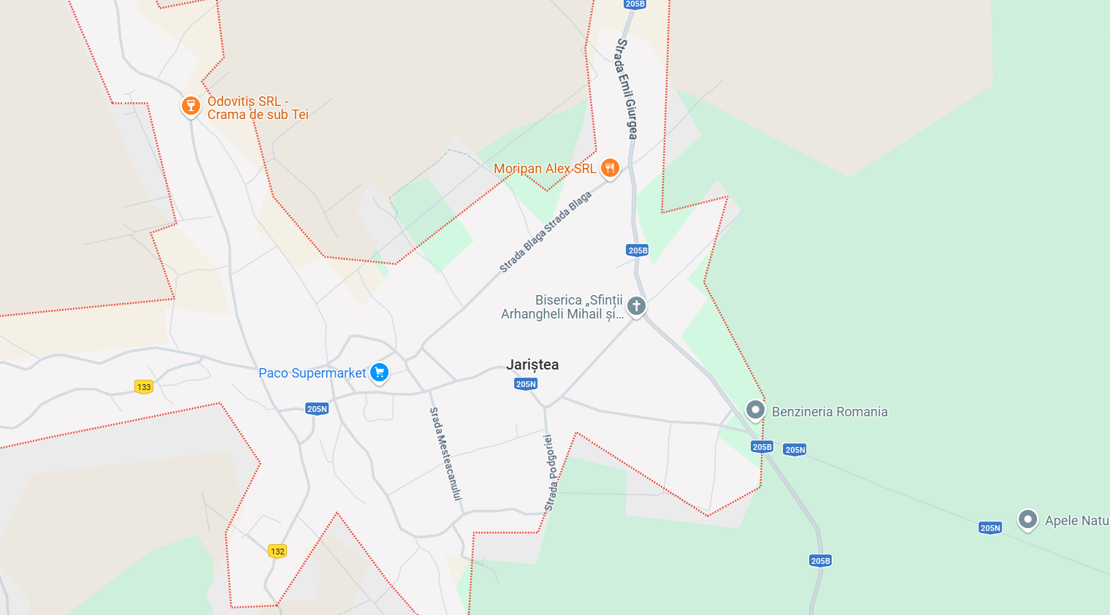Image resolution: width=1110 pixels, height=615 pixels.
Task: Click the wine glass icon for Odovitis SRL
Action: [x=191, y=106]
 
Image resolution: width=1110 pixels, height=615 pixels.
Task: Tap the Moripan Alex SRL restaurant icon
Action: [x=610, y=169]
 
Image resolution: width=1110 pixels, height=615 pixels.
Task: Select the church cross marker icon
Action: [x=636, y=306]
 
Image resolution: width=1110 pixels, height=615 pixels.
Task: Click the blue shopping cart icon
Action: [x=379, y=373]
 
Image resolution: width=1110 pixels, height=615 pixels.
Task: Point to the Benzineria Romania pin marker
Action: [x=755, y=410]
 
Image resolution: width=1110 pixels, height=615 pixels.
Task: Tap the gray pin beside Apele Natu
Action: [x=1027, y=519]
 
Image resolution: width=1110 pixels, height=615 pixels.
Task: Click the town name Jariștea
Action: [x=532, y=364]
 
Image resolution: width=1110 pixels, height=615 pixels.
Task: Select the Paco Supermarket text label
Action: [x=312, y=373]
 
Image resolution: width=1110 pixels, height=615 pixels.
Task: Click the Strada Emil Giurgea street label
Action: [x=627, y=88]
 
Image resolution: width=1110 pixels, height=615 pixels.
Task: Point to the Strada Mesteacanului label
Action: [x=445, y=454]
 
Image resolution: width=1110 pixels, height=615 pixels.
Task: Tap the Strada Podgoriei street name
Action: [x=550, y=473]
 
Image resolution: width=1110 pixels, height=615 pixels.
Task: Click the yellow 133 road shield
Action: [x=144, y=387]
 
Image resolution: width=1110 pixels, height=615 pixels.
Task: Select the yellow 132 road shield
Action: [x=277, y=551]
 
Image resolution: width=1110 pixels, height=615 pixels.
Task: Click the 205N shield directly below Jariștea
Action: [x=526, y=384]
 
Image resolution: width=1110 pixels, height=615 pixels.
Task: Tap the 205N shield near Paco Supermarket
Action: [x=317, y=409]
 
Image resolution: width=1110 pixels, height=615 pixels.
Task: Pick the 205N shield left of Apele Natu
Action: [x=990, y=528]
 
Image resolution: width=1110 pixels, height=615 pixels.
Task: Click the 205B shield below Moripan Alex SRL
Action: [x=638, y=251]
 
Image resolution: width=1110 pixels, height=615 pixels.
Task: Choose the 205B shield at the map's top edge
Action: [x=635, y=4]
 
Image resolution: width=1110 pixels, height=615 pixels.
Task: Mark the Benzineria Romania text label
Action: [x=830, y=412]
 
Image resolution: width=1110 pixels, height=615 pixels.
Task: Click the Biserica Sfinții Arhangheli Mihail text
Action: [x=562, y=307]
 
